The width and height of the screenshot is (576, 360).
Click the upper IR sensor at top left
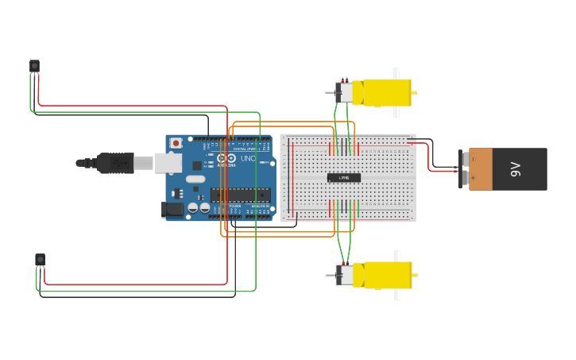(34, 66)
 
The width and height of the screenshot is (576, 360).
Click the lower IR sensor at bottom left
(40, 259)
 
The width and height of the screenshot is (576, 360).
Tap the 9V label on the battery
(516, 168)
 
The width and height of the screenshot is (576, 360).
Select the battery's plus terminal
(464, 179)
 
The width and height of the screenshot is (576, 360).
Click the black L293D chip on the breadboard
(344, 177)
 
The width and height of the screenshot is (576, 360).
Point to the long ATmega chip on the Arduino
(240, 195)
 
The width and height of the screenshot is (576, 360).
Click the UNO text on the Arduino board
(248, 159)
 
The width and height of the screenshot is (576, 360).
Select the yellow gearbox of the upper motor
(386, 93)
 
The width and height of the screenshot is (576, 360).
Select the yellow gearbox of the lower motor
(386, 275)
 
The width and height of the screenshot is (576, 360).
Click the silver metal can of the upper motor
(345, 93)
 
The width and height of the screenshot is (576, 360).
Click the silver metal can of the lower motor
(345, 275)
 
